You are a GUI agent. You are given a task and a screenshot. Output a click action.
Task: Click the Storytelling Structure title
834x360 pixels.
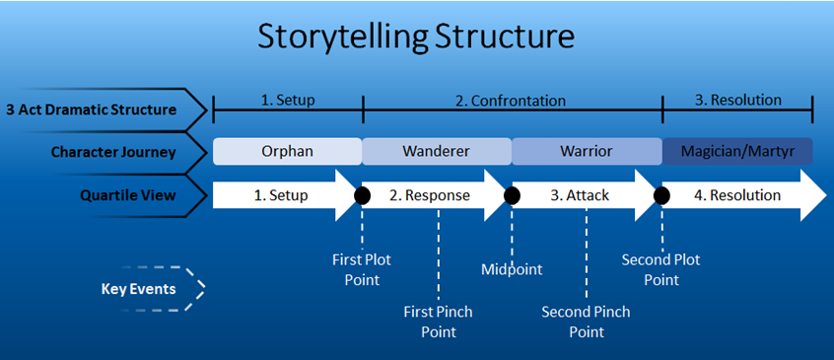415,36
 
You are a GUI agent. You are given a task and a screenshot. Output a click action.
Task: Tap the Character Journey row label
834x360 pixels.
113,152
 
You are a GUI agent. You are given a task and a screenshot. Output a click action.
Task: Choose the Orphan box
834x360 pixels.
288,152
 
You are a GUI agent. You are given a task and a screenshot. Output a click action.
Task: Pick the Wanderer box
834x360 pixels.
436,152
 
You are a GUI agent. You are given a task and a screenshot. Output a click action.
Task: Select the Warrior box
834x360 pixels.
587,152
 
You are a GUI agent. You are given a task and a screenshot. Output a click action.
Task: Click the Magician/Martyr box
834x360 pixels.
737,152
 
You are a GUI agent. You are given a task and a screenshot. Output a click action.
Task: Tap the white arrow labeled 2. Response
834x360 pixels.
437,195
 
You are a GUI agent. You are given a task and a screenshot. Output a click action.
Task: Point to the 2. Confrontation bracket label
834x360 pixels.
510,101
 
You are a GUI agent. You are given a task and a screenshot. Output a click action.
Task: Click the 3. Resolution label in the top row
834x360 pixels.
738,100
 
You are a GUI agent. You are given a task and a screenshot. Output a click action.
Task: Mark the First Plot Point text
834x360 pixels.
363,270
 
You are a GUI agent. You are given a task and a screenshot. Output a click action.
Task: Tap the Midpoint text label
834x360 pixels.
512,268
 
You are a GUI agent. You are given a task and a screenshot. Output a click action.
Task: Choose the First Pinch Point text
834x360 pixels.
438,322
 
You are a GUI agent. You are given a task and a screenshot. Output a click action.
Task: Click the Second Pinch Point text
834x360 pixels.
586,322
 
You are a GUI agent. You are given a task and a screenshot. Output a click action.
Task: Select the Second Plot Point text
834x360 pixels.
661,270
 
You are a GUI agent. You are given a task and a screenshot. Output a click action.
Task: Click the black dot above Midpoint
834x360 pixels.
512,195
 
